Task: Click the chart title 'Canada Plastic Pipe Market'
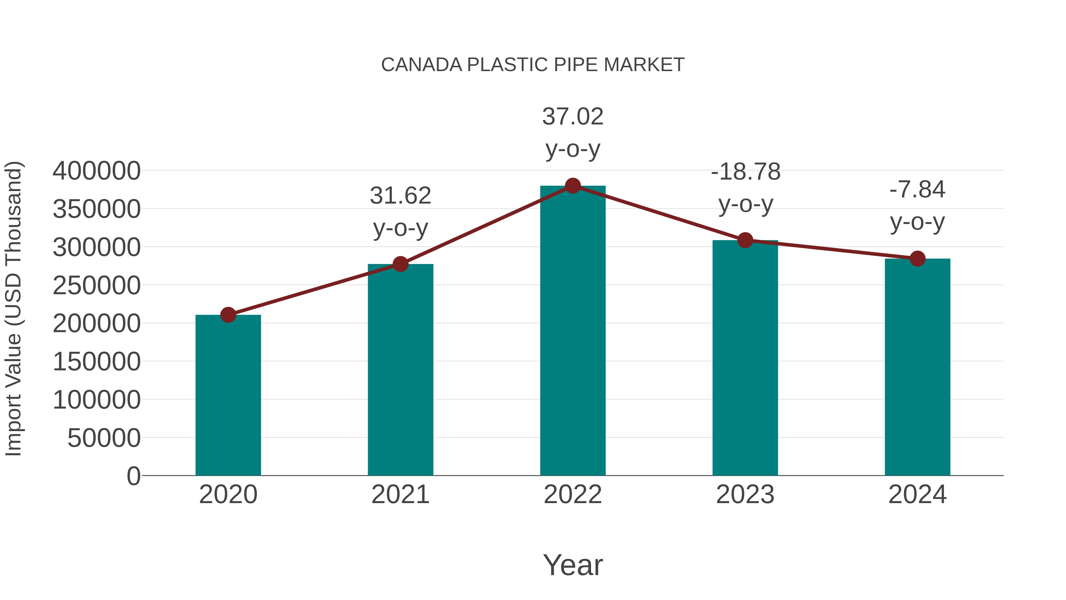(533, 65)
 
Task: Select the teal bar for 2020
(228, 396)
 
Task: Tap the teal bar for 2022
(573, 331)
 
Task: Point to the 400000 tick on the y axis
(97, 171)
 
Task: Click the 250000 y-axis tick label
(97, 285)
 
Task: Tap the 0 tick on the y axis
(133, 476)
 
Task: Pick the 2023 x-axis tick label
(745, 495)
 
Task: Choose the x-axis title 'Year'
(573, 565)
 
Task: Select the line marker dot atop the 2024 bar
(917, 258)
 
